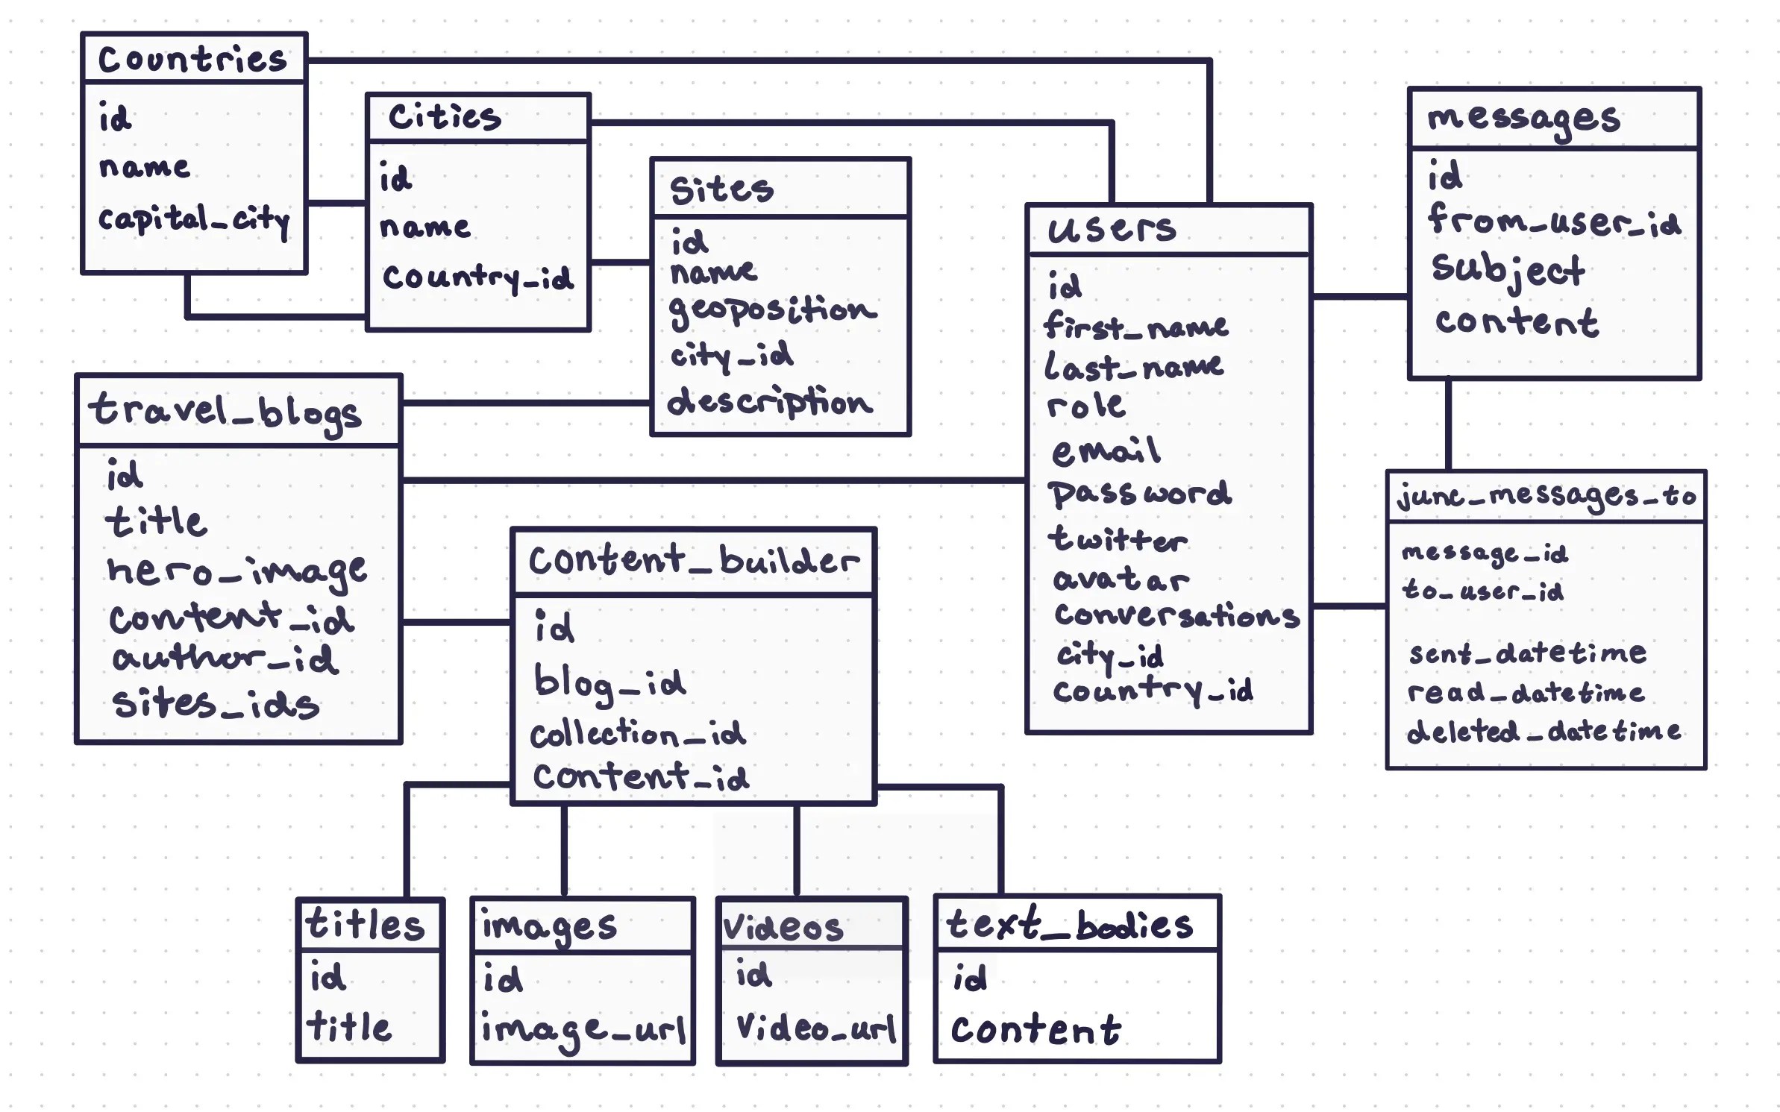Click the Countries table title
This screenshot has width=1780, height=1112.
(192, 59)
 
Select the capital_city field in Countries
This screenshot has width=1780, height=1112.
(194, 219)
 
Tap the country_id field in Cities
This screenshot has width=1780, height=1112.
(477, 277)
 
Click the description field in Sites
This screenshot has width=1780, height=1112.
(769, 403)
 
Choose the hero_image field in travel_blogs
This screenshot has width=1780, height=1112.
(236, 571)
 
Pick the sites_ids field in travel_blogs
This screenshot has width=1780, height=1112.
(216, 704)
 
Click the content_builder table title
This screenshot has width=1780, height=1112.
(694, 561)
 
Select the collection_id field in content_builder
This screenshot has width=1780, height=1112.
(638, 735)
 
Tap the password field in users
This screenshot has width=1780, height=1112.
(1139, 494)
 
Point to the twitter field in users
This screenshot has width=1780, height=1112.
(1117, 539)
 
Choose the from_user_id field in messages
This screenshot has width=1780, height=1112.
(1554, 222)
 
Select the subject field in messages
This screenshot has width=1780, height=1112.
(1508, 270)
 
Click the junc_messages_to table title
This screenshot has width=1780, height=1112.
(1546, 496)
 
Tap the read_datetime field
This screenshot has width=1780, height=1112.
(1526, 693)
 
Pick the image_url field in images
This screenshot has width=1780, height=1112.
(583, 1030)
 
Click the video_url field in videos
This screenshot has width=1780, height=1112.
(815, 1028)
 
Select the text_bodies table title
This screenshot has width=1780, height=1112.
(1069, 925)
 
